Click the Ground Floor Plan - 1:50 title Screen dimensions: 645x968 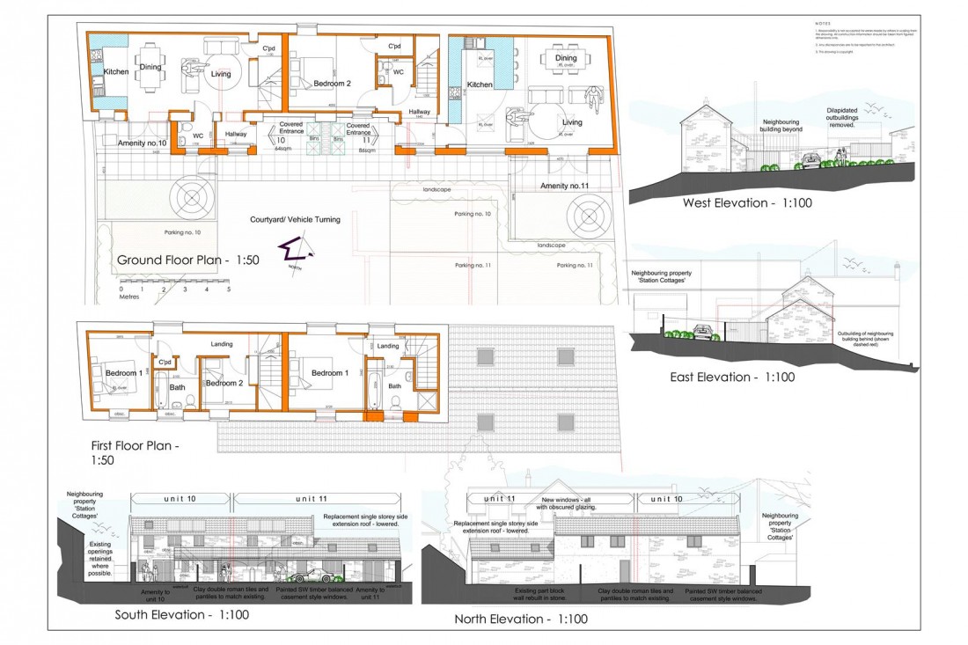[187, 260]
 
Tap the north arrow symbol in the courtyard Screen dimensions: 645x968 [290, 254]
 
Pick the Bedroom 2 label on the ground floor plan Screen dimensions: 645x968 [332, 84]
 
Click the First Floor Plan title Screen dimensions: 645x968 [136, 451]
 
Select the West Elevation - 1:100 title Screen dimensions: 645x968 [747, 203]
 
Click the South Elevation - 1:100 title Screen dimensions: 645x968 [182, 614]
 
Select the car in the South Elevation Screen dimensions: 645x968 [310, 576]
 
